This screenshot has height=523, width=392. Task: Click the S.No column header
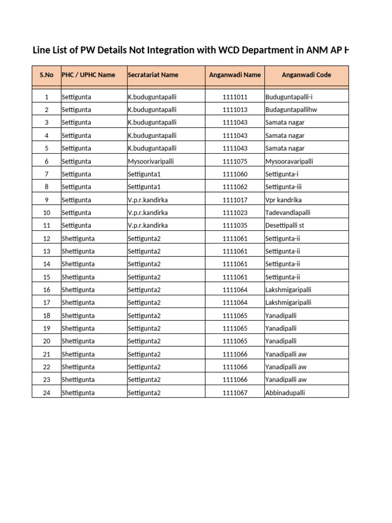[46, 75]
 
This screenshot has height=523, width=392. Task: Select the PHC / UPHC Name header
[88, 75]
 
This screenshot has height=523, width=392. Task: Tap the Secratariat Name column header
[153, 75]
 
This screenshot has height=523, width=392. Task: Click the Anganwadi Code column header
[306, 75]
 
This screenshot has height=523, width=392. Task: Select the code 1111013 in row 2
[235, 110]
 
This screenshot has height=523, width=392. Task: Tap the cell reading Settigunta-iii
[287, 187]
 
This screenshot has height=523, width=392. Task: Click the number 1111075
[235, 161]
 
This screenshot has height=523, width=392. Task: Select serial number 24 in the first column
[46, 393]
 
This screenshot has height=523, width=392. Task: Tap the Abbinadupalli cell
[285, 393]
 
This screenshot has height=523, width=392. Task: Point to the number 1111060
[235, 174]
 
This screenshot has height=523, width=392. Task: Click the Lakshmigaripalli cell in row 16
[288, 290]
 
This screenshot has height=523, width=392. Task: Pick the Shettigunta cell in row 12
[78, 239]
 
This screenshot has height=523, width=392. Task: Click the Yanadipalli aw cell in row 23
[286, 380]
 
